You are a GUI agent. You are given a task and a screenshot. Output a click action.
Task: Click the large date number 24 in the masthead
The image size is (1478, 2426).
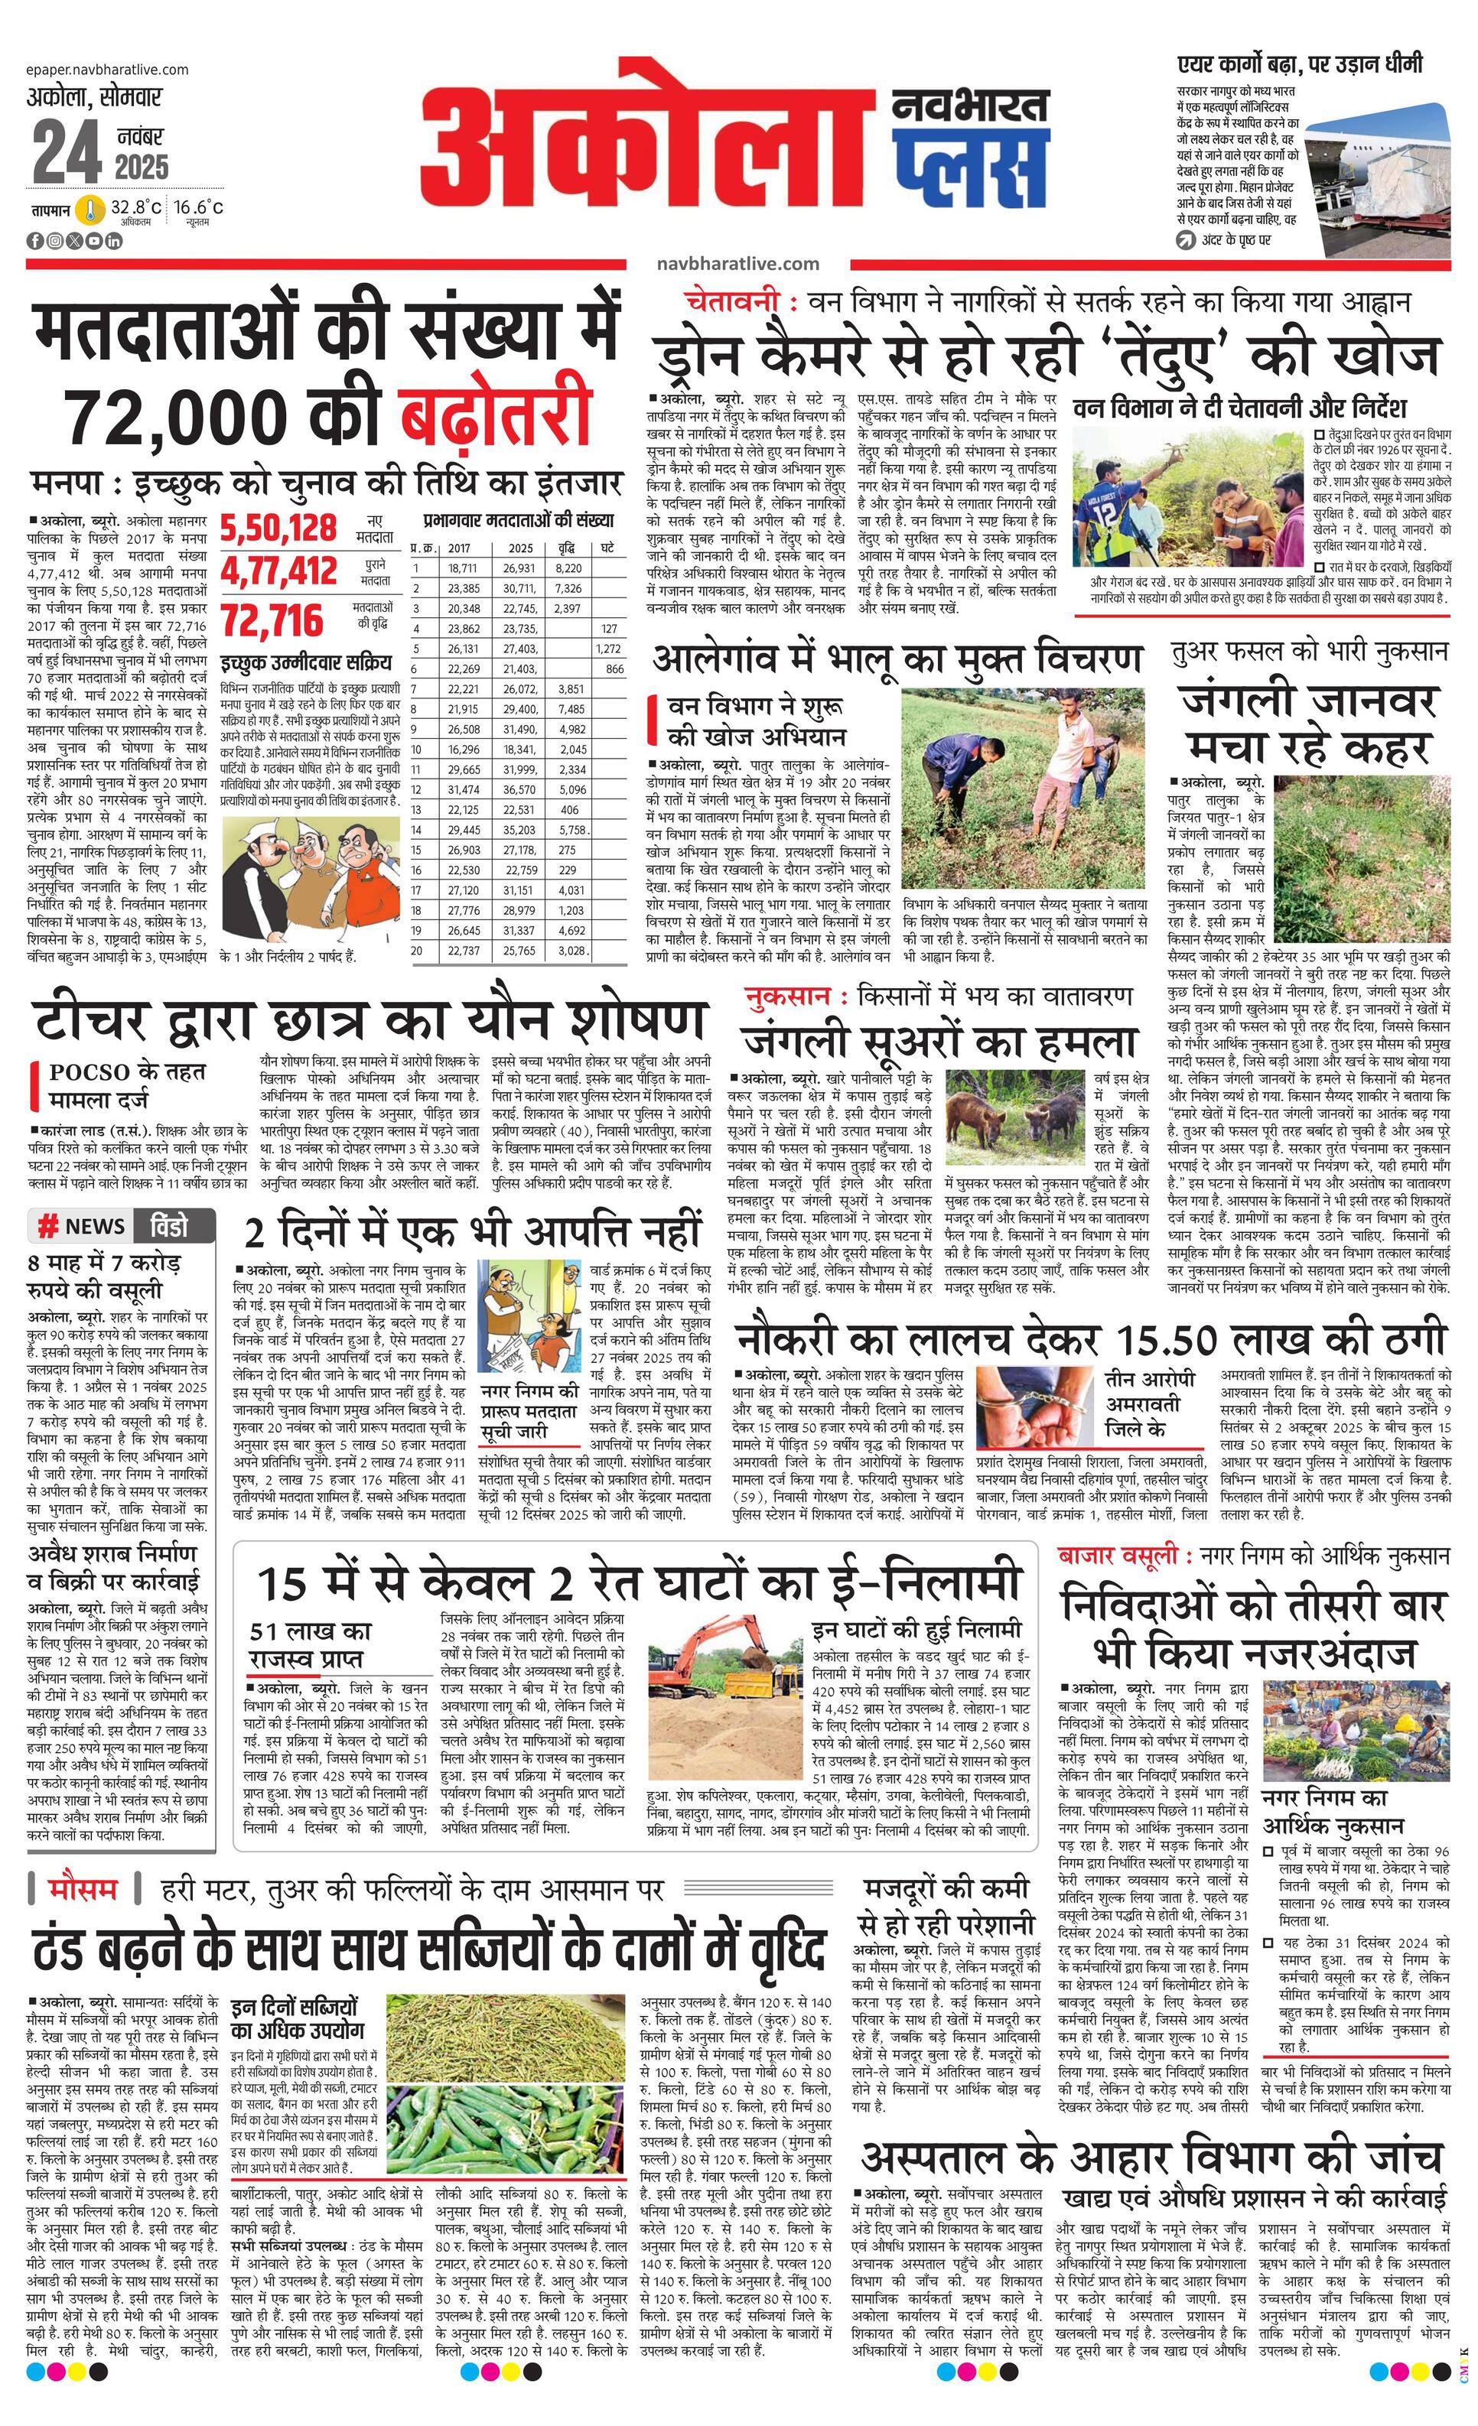(66, 154)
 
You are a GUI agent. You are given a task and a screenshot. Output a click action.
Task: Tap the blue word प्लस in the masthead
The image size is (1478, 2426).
(971, 161)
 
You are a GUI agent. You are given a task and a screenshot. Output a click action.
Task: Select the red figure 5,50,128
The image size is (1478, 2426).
(278, 528)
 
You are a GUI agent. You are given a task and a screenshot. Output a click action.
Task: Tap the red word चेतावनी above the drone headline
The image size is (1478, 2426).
(734, 302)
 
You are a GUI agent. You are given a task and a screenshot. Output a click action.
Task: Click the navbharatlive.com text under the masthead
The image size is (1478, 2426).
(737, 263)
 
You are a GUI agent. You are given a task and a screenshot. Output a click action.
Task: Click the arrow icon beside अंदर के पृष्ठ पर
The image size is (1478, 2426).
(1186, 240)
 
